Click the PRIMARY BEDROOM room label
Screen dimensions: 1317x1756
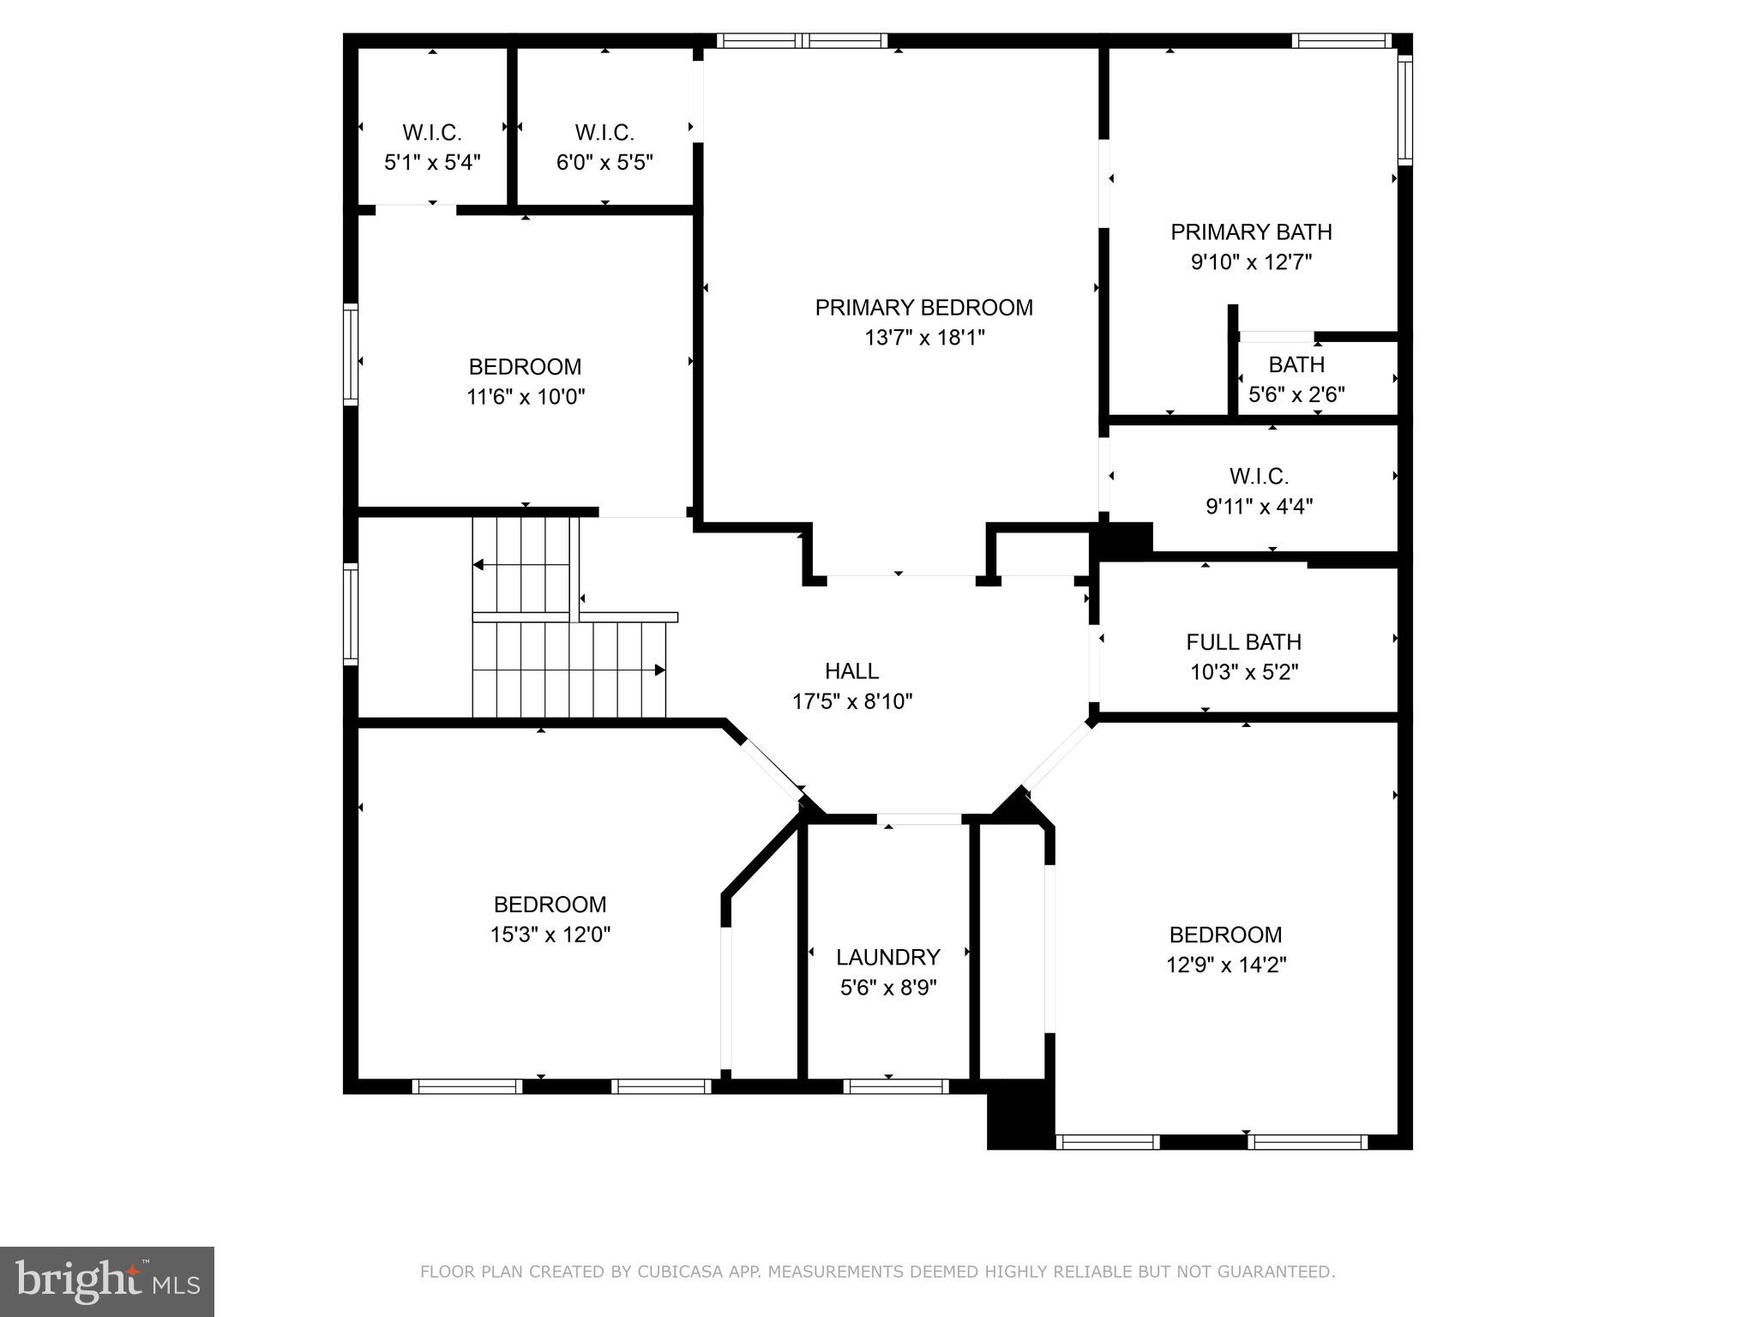[923, 307]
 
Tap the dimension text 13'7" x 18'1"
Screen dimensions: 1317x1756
[924, 338]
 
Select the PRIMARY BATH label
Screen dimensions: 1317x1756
[1251, 232]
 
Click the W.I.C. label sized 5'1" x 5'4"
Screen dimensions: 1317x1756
[432, 133]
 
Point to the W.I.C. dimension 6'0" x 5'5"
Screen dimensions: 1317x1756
[604, 163]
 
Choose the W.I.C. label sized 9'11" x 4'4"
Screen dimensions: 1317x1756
[1259, 476]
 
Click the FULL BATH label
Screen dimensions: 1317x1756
[1243, 642]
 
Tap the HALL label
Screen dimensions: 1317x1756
[851, 671]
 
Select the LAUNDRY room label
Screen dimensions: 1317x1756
[888, 957]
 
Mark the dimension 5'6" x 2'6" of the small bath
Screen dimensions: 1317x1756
[1296, 395]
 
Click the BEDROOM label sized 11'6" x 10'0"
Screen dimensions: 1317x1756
[525, 367]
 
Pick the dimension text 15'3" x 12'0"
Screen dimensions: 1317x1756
[550, 935]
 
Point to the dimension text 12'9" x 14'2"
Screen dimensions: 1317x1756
[1225, 965]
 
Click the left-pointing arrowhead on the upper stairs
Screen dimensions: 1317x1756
[478, 565]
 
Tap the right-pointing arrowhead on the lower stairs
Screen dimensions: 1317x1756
[660, 670]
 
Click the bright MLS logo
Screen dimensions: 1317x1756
[106, 1281]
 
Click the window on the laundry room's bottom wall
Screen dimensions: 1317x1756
[895, 1086]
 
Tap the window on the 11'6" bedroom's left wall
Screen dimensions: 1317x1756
[351, 353]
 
